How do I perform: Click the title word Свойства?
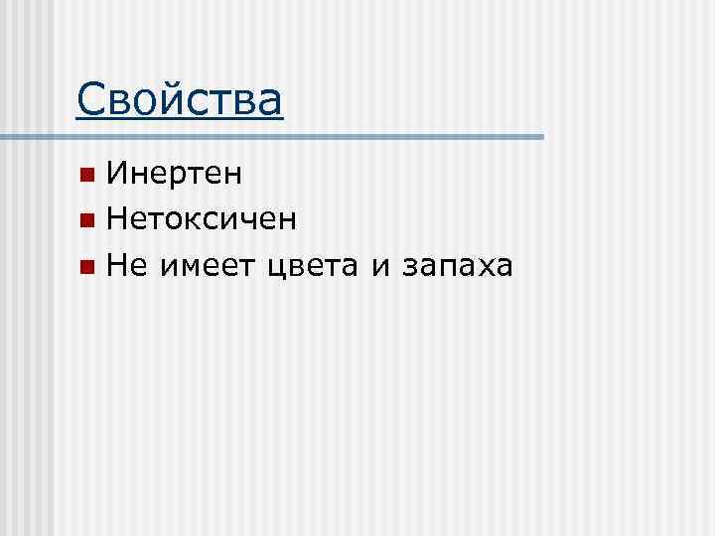[180, 99]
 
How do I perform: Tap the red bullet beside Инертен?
[87, 176]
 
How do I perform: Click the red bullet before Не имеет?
[87, 265]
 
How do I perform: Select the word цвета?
[313, 266]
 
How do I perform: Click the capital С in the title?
[90, 99]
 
